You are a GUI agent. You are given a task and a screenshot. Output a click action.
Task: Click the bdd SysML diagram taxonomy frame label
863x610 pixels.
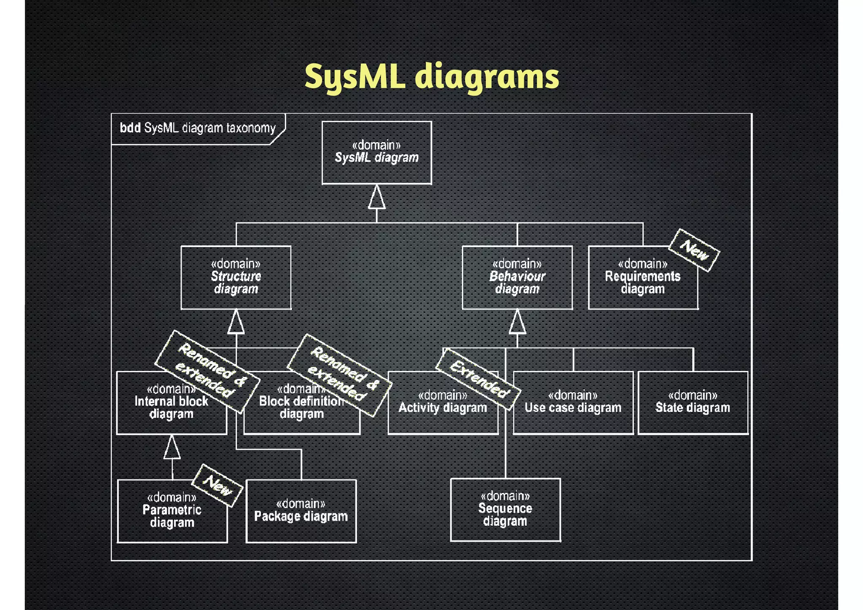tap(197, 128)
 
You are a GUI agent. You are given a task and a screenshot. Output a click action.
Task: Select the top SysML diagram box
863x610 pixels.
tap(377, 153)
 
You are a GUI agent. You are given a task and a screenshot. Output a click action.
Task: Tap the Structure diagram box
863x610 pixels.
tap(236, 277)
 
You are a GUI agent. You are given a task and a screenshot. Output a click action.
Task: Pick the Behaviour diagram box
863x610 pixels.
tap(517, 277)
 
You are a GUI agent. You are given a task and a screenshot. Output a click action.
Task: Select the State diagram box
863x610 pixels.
tap(693, 403)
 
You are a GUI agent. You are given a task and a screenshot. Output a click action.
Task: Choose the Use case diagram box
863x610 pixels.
tap(573, 403)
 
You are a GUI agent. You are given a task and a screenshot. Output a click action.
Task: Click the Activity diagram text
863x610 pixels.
tap(442, 408)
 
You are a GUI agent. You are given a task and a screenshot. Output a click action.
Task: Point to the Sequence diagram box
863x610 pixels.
tap(505, 509)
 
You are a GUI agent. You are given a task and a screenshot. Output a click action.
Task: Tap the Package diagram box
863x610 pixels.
tap(301, 511)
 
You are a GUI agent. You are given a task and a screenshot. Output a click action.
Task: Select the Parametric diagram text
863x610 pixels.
tap(172, 516)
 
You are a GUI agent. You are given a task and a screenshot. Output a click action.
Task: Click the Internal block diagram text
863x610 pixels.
tap(171, 408)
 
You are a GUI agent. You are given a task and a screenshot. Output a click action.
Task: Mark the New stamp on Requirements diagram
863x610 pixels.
tap(694, 250)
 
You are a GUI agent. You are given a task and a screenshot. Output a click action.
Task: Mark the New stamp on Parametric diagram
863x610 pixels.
tap(217, 485)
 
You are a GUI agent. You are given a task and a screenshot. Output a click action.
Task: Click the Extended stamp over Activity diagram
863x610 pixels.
tap(478, 379)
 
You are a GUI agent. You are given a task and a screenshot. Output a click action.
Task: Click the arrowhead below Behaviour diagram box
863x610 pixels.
tap(517, 322)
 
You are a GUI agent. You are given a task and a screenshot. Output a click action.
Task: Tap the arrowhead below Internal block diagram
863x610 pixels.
tap(172, 448)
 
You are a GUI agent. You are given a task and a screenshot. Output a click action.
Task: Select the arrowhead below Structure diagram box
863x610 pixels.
tap(236, 322)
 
